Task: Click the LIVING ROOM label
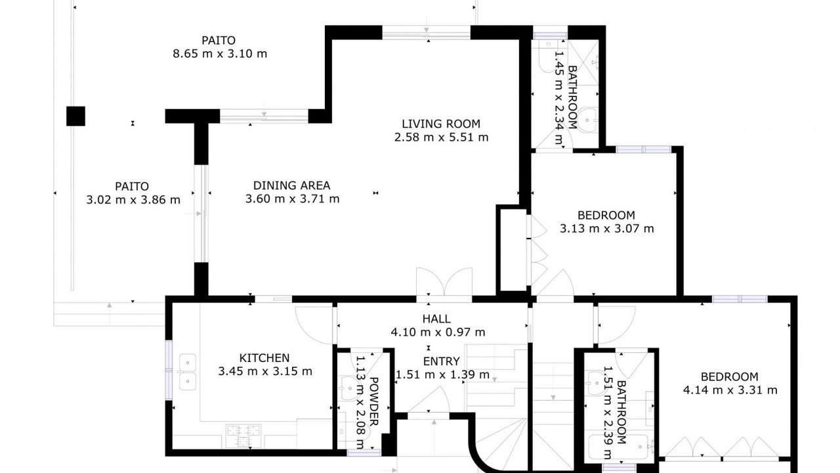[x=441, y=124]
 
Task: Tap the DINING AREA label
[x=292, y=185]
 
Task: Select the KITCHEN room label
[x=264, y=358]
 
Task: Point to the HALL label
[x=436, y=319]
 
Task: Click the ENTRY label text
[x=442, y=361]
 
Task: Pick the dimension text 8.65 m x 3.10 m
[x=220, y=54]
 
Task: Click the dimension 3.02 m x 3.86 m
[x=133, y=199]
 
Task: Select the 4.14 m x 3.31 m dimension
[x=730, y=390]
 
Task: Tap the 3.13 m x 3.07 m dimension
[x=607, y=228]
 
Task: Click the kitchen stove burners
[x=243, y=436]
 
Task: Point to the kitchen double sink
[x=187, y=372]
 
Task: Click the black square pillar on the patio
[x=75, y=116]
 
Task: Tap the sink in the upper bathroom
[x=587, y=120]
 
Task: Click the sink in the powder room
[x=348, y=388]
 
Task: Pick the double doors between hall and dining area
[x=444, y=282]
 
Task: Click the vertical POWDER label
[x=374, y=401]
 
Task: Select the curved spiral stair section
[x=501, y=445]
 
